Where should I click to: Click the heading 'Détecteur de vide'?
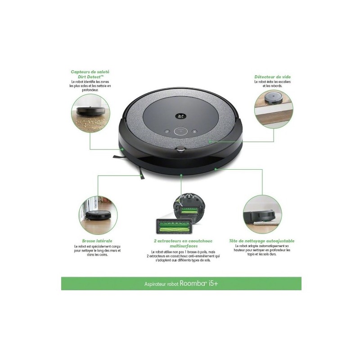pyautogui.click(x=272, y=77)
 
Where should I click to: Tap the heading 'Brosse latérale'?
pyautogui.click(x=97, y=241)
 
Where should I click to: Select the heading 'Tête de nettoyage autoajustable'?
pyautogui.click(x=261, y=241)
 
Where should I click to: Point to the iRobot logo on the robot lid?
pyautogui.click(x=181, y=116)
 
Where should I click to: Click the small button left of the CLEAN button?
pyautogui.click(x=167, y=131)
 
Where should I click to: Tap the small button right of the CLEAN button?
pyautogui.click(x=194, y=131)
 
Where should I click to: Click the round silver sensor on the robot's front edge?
pyautogui.click(x=181, y=149)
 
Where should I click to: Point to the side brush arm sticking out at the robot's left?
pyautogui.click(x=118, y=157)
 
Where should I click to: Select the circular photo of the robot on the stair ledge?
pyautogui.click(x=274, y=109)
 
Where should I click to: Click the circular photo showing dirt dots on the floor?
pyautogui.click(x=90, y=113)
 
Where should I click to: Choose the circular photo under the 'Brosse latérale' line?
pyautogui.click(x=98, y=215)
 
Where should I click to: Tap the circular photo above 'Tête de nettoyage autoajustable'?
pyautogui.click(x=262, y=215)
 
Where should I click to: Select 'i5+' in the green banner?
pyautogui.click(x=213, y=283)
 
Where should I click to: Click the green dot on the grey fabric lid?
pyautogui.click(x=210, y=142)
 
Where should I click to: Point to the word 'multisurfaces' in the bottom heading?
pyautogui.click(x=184, y=246)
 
